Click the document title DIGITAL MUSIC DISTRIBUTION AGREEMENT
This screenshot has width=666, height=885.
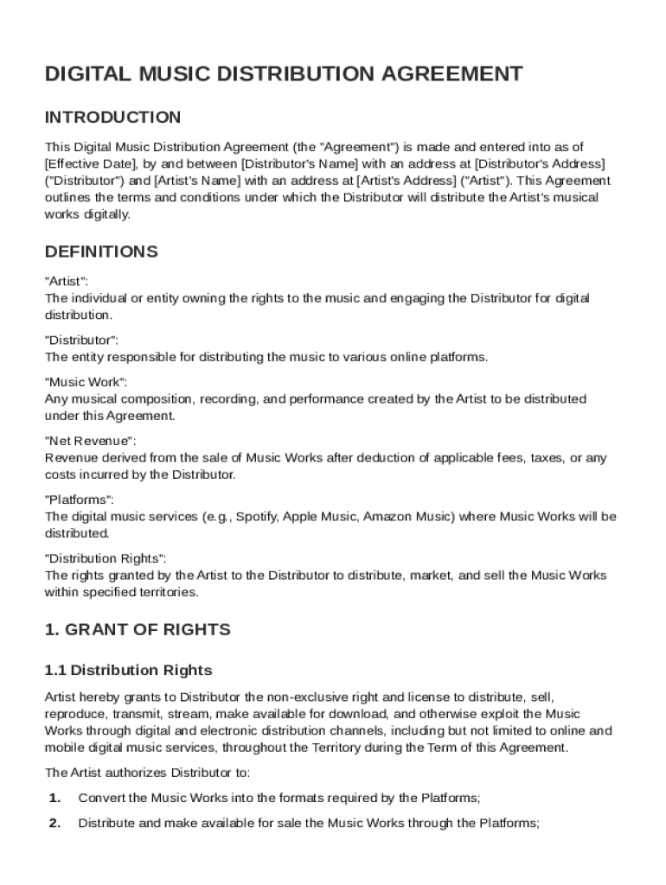coord(284,74)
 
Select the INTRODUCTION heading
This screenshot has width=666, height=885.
coord(112,118)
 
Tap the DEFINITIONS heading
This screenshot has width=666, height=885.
coord(100,252)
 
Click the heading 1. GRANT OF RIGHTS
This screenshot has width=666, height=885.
coord(138,630)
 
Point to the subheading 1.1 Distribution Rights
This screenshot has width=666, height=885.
coord(128,671)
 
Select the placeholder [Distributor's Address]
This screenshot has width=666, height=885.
coord(527,164)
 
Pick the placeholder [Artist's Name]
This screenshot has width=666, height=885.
coord(198,181)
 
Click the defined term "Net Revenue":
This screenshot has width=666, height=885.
coord(90,441)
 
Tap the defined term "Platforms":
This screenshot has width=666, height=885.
coord(79,500)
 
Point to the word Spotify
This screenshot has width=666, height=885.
coord(256,517)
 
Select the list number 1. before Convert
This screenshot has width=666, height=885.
coord(54,798)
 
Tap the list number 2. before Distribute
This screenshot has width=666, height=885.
coord(54,824)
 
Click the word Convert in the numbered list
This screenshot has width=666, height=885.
coord(100,798)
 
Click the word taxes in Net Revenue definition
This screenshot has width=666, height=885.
coord(548,458)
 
